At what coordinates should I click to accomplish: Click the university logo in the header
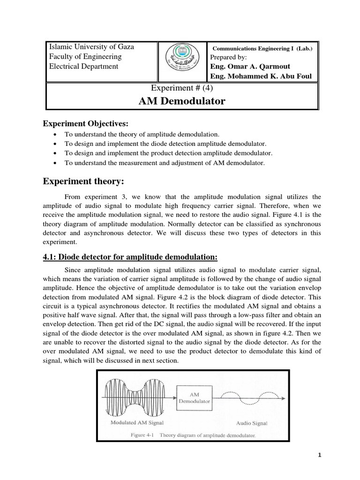[x=183, y=62]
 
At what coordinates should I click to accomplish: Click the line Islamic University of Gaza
[x=92, y=47]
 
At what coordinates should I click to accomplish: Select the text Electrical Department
[x=84, y=66]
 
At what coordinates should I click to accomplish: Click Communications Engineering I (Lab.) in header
[x=262, y=48]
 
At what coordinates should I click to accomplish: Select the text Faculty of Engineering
[x=86, y=57]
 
